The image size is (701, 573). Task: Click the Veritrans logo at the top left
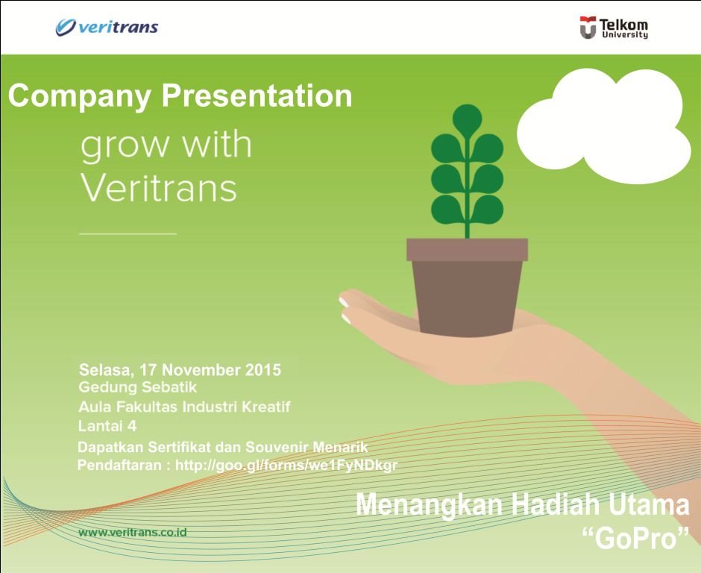click(x=107, y=28)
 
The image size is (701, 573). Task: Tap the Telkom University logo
click(x=614, y=28)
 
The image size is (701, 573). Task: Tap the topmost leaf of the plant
click(x=468, y=119)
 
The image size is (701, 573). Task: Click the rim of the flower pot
click(x=467, y=249)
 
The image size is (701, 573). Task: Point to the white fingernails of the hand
click(x=345, y=310)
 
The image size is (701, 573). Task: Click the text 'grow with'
click(x=166, y=145)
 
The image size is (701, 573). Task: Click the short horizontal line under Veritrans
click(x=128, y=234)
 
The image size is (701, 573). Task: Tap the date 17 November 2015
click(x=210, y=369)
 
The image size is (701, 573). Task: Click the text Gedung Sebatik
click(x=137, y=388)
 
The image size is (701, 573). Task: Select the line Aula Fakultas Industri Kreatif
click(x=184, y=407)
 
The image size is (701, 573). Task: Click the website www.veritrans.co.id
click(x=132, y=533)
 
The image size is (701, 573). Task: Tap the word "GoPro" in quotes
click(x=635, y=538)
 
